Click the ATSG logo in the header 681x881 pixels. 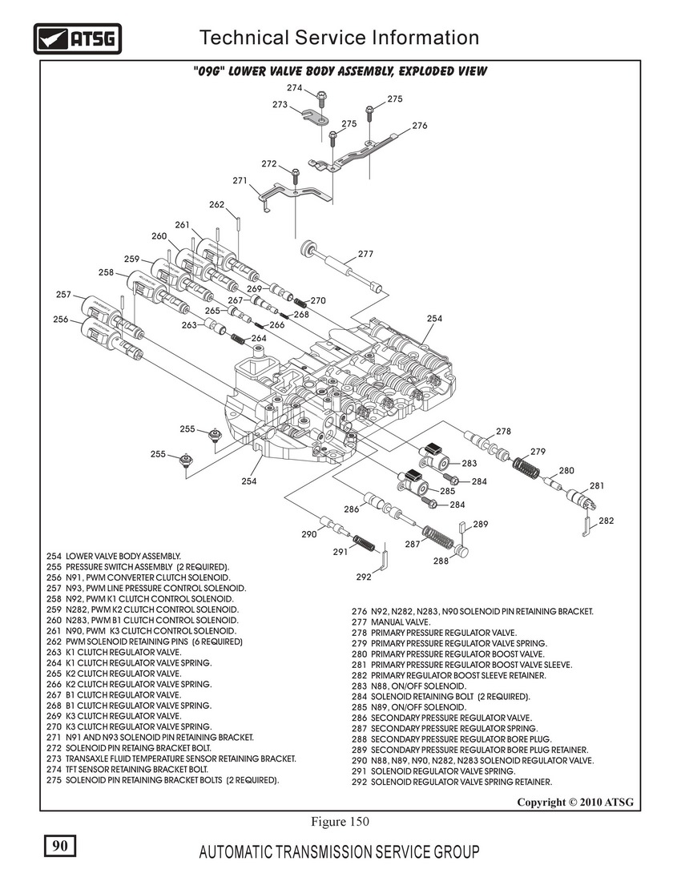(x=77, y=38)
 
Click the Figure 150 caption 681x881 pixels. (x=339, y=821)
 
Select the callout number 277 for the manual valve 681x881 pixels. (x=365, y=254)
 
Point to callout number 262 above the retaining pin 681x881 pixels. (x=216, y=204)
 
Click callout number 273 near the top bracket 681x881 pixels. (x=280, y=105)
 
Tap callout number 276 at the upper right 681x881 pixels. (x=420, y=126)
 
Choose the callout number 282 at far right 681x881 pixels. (x=606, y=521)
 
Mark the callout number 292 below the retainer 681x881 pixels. (x=363, y=576)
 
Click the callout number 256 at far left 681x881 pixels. (x=61, y=320)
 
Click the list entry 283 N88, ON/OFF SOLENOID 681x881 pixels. (x=409, y=686)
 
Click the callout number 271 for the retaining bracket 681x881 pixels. (x=240, y=181)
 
